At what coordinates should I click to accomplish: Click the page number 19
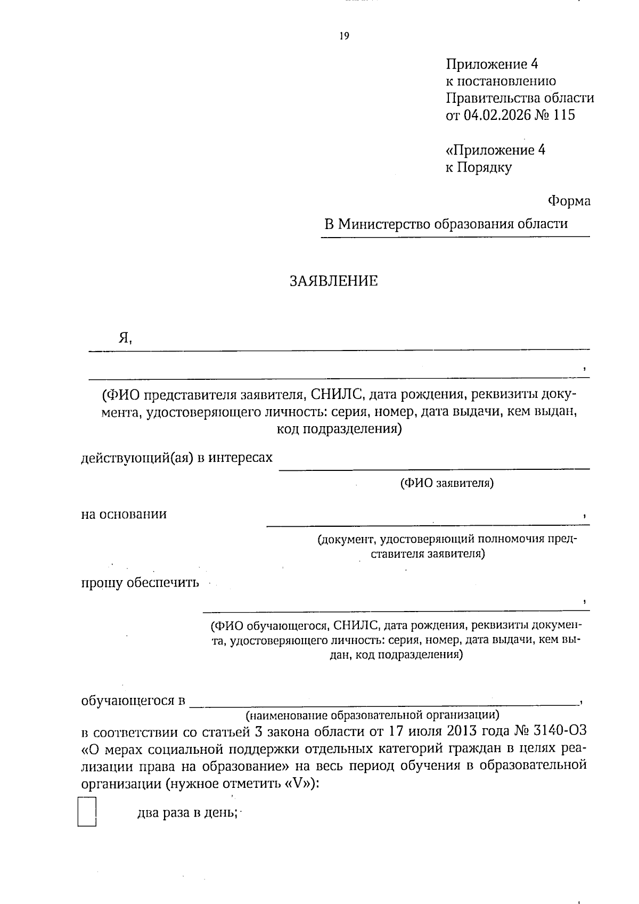click(344, 36)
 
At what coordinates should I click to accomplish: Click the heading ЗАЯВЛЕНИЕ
click(333, 281)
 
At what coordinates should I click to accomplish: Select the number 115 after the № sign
click(564, 116)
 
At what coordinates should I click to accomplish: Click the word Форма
click(569, 201)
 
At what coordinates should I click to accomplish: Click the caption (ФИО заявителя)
click(446, 484)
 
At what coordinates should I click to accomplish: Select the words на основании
click(124, 515)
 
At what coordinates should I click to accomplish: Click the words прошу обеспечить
click(140, 583)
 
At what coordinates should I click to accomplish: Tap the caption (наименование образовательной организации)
click(372, 714)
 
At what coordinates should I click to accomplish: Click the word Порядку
click(485, 168)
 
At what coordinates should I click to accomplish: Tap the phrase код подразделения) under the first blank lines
click(339, 429)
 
